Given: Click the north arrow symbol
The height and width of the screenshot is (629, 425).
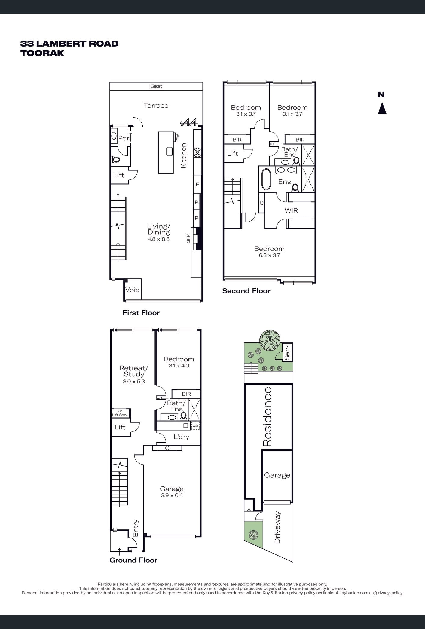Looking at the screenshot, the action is point(382,108).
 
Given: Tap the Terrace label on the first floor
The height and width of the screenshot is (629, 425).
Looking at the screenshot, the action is point(156,106).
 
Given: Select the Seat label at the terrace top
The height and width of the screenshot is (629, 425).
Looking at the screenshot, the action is point(156,86).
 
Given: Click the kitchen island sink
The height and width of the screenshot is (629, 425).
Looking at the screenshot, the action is point(169,151).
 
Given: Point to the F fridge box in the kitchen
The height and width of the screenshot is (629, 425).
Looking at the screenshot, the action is point(197,184).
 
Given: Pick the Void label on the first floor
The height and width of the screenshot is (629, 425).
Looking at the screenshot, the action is point(132,290).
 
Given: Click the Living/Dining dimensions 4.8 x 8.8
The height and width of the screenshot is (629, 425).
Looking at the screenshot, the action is point(159,239).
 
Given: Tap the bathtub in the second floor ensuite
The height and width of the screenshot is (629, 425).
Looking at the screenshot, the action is point(265,179).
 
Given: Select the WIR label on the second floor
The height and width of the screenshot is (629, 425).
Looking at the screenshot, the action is point(291,210).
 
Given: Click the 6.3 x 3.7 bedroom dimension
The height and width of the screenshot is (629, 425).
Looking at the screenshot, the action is point(269,255).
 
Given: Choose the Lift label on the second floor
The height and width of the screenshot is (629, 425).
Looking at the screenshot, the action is point(232,154).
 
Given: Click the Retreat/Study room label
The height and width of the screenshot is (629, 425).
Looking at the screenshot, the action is point(134,371).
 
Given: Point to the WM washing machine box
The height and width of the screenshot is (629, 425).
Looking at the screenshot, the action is point(195,426).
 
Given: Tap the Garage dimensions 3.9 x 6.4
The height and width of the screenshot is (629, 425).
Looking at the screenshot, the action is point(172,496).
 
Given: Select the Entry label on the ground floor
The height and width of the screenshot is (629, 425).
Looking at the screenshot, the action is point(136,528).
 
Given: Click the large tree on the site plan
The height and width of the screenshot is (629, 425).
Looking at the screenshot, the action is point(270,340).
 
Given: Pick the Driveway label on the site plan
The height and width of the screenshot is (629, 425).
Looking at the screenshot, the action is point(277,527).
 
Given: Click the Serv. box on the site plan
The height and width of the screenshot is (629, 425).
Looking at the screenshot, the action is point(288,352).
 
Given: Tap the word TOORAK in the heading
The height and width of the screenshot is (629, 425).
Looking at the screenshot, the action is point(42,53).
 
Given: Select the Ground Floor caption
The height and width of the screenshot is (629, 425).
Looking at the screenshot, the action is point(133,560).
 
